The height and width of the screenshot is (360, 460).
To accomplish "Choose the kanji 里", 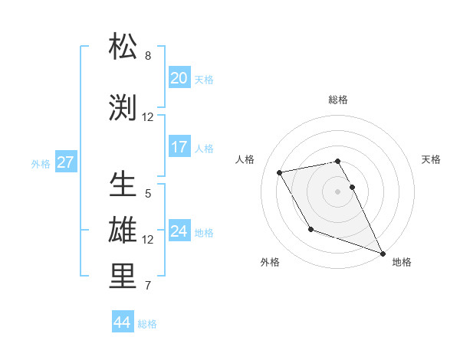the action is pos(123,277).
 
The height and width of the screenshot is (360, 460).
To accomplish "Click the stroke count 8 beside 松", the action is pos(148,56).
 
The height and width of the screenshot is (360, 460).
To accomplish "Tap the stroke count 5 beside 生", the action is pos(148,194).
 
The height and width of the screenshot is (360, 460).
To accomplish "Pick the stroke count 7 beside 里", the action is pos(148,286).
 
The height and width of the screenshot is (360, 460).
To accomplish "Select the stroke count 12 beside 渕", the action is pos(148,117).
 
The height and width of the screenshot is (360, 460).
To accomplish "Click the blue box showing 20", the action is pos(179,78).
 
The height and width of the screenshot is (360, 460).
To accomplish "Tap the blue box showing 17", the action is pos(179,147).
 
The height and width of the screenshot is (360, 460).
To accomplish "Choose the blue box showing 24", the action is pos(179,231).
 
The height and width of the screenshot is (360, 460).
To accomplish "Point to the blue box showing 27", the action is pos(65,162).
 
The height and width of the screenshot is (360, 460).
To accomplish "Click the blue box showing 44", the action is pos(123,322).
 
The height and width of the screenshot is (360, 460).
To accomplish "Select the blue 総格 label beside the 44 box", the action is pos(147,324).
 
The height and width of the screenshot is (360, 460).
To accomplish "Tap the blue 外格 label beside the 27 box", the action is pos(41,163).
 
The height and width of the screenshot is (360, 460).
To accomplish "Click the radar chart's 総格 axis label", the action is pos(337,100).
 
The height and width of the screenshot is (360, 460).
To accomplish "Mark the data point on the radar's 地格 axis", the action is pos(383,253).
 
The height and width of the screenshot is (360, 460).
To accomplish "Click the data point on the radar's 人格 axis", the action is pos(280,172).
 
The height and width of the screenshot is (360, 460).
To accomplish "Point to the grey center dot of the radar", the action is pos(337,191).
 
